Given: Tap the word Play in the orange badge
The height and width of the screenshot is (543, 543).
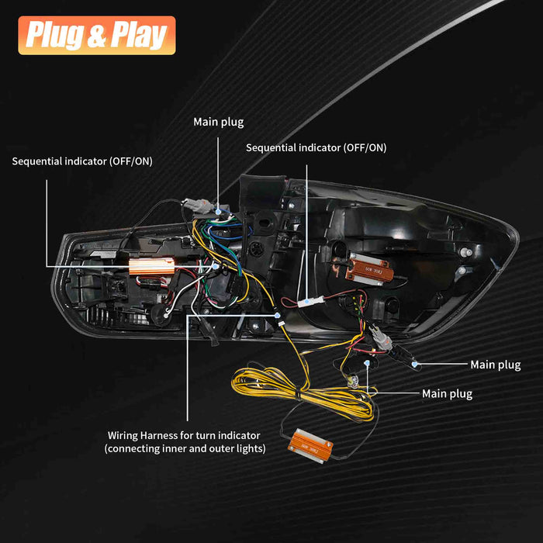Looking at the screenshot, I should pos(139,36).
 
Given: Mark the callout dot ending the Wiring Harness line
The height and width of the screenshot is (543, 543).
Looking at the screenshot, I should pos(277,316).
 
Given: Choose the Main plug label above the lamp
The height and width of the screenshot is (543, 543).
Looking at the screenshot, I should pos(218,122).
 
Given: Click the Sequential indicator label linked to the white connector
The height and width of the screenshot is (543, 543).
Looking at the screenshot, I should pos(316,147).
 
